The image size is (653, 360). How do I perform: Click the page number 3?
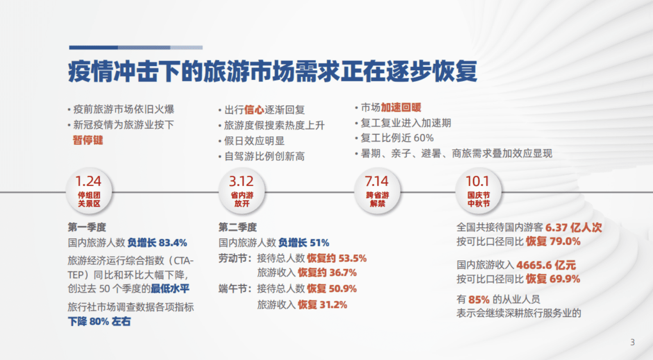pos(632,343)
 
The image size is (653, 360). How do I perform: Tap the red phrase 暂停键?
pos(88,140)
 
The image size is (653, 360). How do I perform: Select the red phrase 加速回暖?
pos(401,108)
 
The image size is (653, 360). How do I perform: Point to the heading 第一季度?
pos(87,228)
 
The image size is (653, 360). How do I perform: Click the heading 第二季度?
pos(238,228)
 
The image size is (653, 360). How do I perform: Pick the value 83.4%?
pos(173,243)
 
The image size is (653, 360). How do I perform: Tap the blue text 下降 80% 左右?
pos(99,322)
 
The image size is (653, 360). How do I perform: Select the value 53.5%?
pos(353,258)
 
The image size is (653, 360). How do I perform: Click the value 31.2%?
pos(333,305)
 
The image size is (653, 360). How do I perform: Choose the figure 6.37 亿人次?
pos(573,228)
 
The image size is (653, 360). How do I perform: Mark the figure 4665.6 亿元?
pos(547,265)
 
